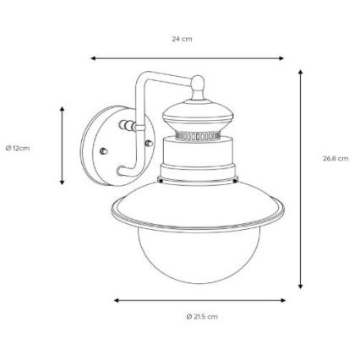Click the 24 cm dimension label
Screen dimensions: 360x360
[x=182, y=39]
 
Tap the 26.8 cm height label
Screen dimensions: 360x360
[x=335, y=158]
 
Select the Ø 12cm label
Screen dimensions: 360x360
[x=18, y=148]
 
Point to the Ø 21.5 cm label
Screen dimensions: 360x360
[x=202, y=316]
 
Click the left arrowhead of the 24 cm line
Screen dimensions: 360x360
[x=93, y=58]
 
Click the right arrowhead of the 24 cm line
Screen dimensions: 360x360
[x=281, y=58]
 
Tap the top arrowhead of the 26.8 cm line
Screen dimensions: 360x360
[x=301, y=72]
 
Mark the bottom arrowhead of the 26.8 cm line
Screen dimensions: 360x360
[x=301, y=286]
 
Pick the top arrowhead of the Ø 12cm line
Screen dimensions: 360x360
[x=63, y=110]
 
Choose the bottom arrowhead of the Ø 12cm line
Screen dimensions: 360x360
[x=63, y=182]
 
